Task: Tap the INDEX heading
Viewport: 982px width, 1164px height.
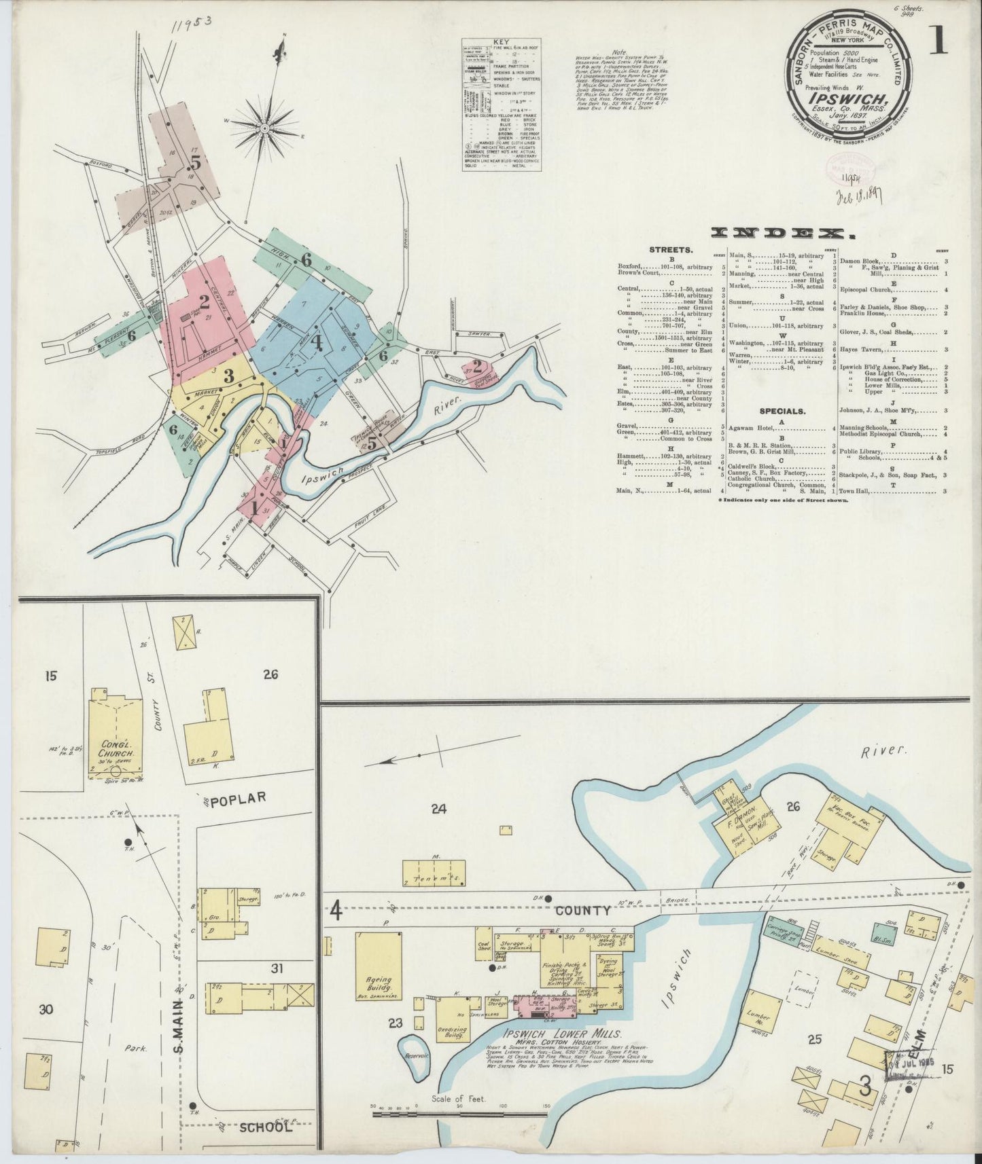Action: [x=782, y=233]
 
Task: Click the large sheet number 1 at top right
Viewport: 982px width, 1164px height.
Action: [x=939, y=41]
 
